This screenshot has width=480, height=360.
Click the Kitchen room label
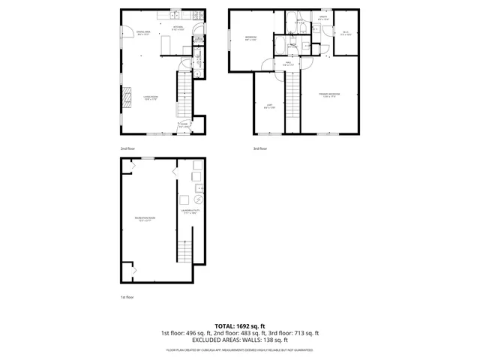click(178, 28)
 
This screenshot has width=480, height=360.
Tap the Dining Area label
click(143, 33)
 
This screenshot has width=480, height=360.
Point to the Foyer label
click(184, 125)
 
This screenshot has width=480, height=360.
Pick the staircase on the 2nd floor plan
click(185, 94)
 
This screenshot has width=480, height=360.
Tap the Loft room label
click(268, 106)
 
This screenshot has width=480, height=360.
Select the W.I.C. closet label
click(346, 32)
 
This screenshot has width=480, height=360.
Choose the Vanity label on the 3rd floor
click(323, 18)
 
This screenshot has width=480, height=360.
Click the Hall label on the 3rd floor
click(288, 64)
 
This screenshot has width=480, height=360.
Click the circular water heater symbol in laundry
click(198, 200)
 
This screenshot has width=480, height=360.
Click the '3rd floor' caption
click(260, 148)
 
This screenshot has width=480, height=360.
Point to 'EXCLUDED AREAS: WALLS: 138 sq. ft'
click(239, 340)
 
